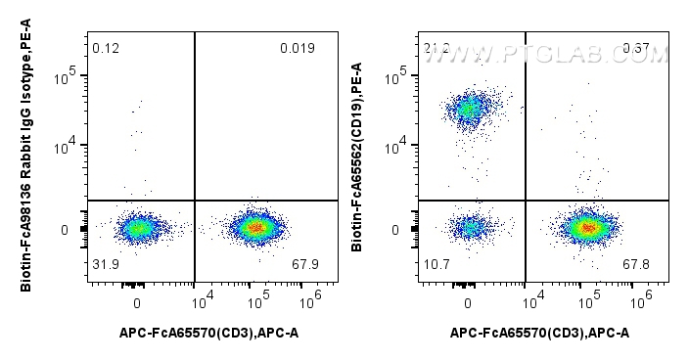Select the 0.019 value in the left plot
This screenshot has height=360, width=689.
tap(296, 48)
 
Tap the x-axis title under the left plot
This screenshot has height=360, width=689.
tap(208, 334)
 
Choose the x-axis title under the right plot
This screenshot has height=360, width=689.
tap(539, 334)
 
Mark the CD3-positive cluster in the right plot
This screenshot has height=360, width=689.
tap(587, 228)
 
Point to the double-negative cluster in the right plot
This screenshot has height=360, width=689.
tap(471, 228)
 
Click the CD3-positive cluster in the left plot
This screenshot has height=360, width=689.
tap(255, 228)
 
